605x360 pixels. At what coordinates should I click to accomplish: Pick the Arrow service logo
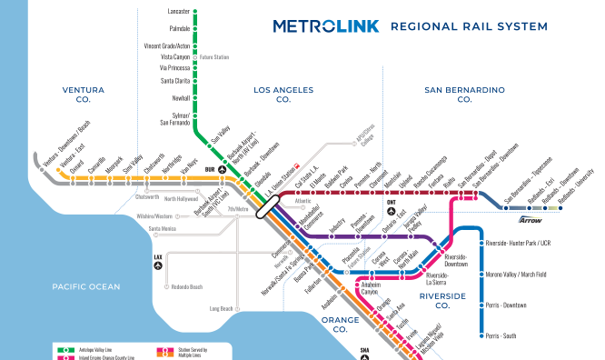tap(530, 219)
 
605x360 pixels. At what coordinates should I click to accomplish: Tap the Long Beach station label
tap(221, 308)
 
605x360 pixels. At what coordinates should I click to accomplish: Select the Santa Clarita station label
tap(175, 81)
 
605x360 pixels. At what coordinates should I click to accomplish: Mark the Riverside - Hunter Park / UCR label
tap(524, 244)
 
